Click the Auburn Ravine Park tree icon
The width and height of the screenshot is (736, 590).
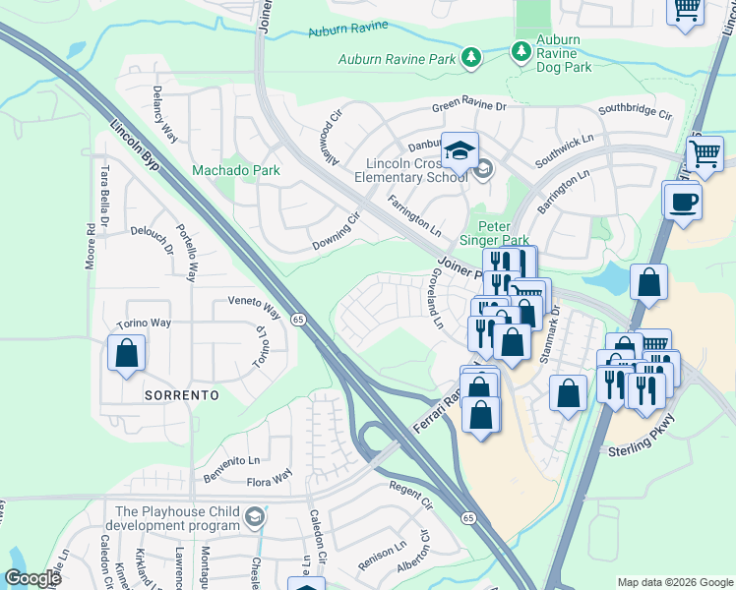[471, 59]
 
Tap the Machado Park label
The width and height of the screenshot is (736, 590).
[236, 170]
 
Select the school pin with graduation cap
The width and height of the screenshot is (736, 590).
[459, 151]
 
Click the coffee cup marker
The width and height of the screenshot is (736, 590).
[682, 204]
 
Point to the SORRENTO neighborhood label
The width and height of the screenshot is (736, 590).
[180, 394]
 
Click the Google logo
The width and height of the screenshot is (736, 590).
[33, 578]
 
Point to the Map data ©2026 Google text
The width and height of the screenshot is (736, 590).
[674, 582]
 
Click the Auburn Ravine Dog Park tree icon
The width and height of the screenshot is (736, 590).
[521, 49]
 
